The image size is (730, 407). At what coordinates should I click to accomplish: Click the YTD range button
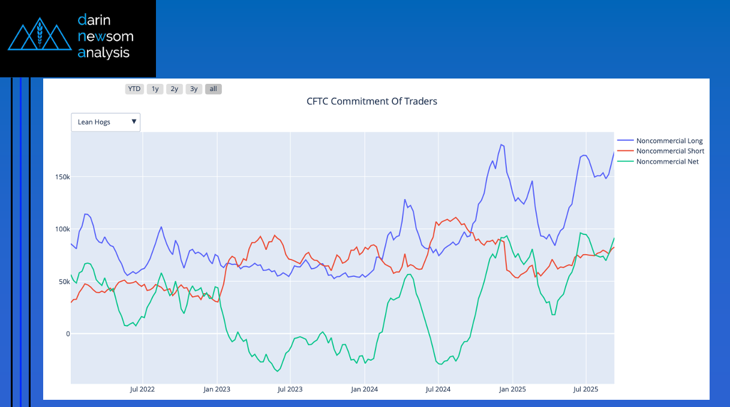(134, 89)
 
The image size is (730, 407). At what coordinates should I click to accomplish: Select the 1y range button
(155, 89)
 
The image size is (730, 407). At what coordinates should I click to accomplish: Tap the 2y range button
(174, 89)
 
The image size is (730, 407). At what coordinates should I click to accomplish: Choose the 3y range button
(193, 89)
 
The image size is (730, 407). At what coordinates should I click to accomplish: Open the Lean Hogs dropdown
(106, 122)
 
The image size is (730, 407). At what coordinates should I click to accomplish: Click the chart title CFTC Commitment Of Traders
(372, 101)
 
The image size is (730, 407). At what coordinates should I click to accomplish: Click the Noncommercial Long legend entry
(669, 141)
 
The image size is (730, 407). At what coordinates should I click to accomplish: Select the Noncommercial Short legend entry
(670, 151)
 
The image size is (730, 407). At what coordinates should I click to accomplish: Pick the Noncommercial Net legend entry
(667, 161)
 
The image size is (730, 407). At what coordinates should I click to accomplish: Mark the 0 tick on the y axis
(67, 334)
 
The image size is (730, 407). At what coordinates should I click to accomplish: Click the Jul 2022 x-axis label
(142, 389)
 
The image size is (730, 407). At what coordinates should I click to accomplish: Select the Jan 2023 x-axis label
(217, 389)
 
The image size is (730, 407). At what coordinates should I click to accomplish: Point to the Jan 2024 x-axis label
(365, 389)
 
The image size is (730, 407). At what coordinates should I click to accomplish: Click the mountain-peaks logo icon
(40, 37)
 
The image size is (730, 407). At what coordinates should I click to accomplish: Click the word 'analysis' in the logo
(104, 53)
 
